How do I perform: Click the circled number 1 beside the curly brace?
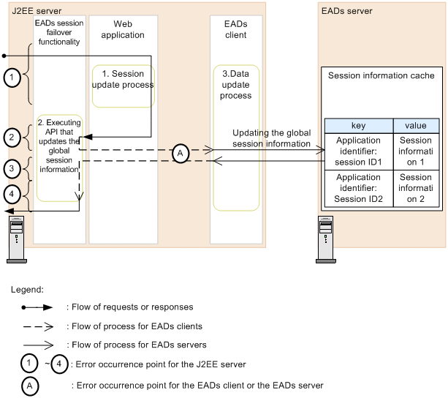11,75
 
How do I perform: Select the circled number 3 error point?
11,169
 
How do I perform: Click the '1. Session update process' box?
123,79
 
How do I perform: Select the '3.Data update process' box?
236,86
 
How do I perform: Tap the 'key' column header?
359,126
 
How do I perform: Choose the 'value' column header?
416,126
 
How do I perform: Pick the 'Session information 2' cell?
416,188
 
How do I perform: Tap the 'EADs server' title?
347,12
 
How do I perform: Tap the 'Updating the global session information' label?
272,138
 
